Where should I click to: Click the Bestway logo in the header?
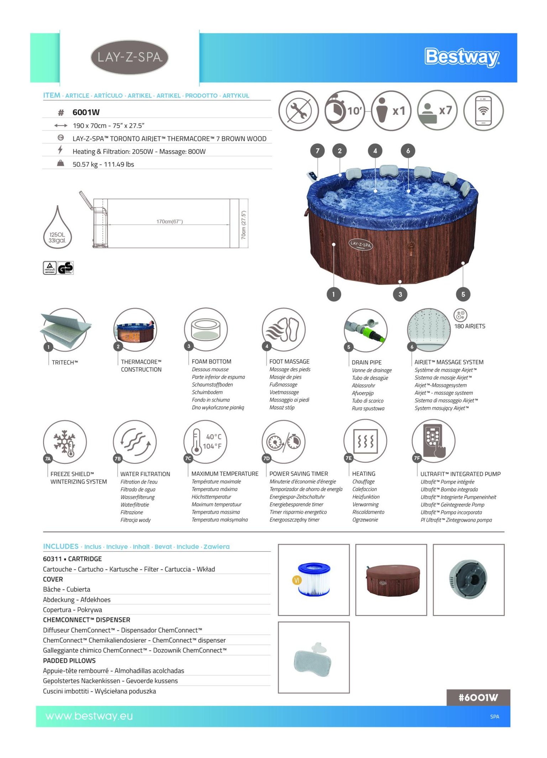click(462, 57)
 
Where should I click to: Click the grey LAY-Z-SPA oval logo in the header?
click(129, 57)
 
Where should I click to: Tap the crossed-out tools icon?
click(298, 111)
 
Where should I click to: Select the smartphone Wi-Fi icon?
click(483, 111)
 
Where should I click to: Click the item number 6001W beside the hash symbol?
click(86, 112)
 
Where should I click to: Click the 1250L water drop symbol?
click(57, 228)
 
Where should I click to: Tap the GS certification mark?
click(66, 268)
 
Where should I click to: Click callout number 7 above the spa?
click(317, 151)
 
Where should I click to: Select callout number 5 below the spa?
click(463, 294)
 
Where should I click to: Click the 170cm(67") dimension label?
click(170, 221)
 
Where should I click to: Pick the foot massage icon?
click(283, 329)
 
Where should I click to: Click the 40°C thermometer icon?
click(205, 441)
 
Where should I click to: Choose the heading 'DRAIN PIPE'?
click(366, 362)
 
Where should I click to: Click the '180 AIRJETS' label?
click(469, 326)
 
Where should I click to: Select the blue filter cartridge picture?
click(314, 579)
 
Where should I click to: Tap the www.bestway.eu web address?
click(89, 716)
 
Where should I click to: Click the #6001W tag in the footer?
click(478, 697)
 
